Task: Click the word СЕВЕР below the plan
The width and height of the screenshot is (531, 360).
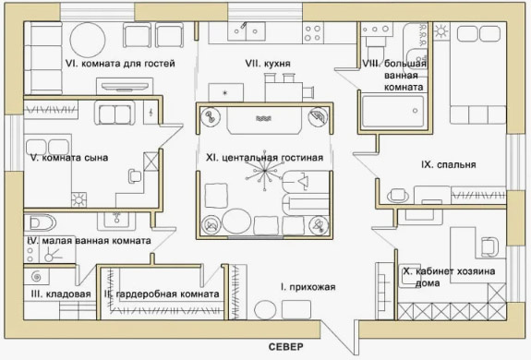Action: pyautogui.click(x=285, y=347)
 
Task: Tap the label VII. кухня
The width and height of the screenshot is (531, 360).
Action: pyautogui.click(x=268, y=64)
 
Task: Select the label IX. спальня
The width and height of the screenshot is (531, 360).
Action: pyautogui.click(x=449, y=165)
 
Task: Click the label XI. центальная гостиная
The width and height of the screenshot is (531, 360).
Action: pyautogui.click(x=264, y=158)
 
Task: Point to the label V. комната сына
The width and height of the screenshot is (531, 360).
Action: pyautogui.click(x=69, y=158)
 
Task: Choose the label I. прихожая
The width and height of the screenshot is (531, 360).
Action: pyautogui.click(x=308, y=287)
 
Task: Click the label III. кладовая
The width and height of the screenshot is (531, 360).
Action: pyautogui.click(x=61, y=294)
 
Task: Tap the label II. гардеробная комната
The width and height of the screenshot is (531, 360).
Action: pyautogui.click(x=162, y=294)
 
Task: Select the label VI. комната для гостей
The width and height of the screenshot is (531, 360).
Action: pyautogui.click(x=120, y=64)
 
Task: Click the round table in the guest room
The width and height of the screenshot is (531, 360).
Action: pyautogui.click(x=88, y=40)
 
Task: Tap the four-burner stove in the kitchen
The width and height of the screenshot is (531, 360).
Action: pyautogui.click(x=312, y=33)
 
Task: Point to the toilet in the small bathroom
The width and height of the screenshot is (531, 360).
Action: pyautogui.click(x=41, y=222)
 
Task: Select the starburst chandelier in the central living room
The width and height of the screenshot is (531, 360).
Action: pyautogui.click(x=265, y=171)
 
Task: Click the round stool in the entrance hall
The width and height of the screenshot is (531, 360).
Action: pyautogui.click(x=265, y=310)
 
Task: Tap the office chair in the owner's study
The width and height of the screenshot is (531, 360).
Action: pyautogui.click(x=489, y=246)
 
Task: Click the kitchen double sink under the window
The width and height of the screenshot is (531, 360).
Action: pyautogui.click(x=247, y=31)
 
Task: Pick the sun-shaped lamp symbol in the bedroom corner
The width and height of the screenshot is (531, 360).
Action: pyautogui.click(x=440, y=31)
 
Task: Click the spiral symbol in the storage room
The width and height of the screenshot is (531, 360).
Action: pyautogui.click(x=36, y=277)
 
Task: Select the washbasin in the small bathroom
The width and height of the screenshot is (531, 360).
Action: pyautogui.click(x=116, y=220)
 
